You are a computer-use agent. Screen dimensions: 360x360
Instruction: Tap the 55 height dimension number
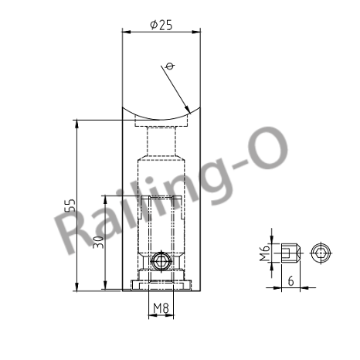click(70, 205)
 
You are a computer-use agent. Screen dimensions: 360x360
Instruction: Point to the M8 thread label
click(161, 309)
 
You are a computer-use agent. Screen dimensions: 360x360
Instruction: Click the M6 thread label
click(264, 251)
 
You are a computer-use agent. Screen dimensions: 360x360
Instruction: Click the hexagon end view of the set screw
click(321, 252)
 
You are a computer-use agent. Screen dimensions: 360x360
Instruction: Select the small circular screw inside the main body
click(161, 262)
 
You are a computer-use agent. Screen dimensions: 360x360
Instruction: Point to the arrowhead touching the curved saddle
click(186, 108)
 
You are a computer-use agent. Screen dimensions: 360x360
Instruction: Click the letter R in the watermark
click(80, 230)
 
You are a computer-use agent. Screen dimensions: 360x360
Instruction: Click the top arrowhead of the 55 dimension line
click(76, 124)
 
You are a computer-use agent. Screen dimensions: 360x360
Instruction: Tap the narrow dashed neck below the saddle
click(161, 143)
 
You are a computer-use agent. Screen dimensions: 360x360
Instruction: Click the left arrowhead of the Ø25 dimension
click(127, 31)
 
